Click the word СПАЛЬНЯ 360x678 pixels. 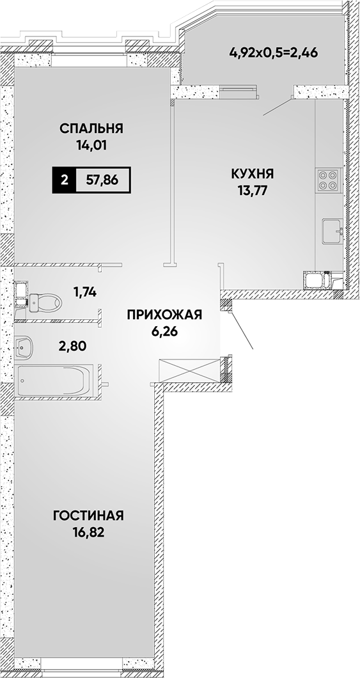pyautogui.click(x=91, y=129)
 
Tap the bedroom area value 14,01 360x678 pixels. pyautogui.click(x=91, y=145)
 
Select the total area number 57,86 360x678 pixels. pyautogui.click(x=102, y=180)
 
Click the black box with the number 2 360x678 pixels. pyautogui.click(x=64, y=180)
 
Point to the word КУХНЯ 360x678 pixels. pyautogui.click(x=253, y=174)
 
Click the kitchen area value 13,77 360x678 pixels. pyautogui.click(x=253, y=191)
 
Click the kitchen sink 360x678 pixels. pyautogui.click(x=333, y=232)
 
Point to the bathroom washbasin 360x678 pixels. pyautogui.click(x=22, y=346)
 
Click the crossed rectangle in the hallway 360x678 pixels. pyautogui.click(x=189, y=370)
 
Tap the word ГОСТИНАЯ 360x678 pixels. pyautogui.click(x=89, y=516)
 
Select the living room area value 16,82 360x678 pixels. pyautogui.click(x=89, y=532)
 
